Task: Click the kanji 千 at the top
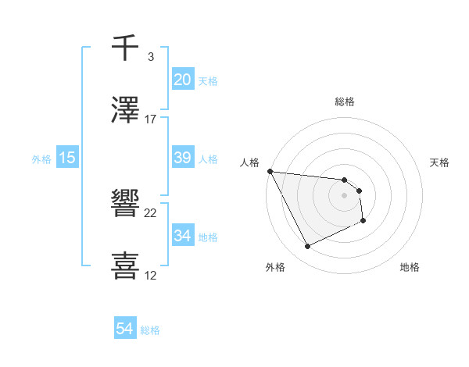pyautogui.click(x=126, y=47)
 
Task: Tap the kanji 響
pyautogui.click(x=126, y=205)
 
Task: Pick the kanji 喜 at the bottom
pyautogui.click(x=126, y=266)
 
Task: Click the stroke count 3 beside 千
pyautogui.click(x=151, y=56)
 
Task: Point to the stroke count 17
pyautogui.click(x=151, y=119)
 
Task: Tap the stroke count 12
pyautogui.click(x=151, y=276)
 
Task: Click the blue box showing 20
pyautogui.click(x=183, y=80)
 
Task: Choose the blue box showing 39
pyautogui.click(x=183, y=158)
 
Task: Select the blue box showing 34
pyautogui.click(x=183, y=236)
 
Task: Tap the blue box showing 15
pyautogui.click(x=67, y=158)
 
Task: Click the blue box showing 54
pyautogui.click(x=125, y=330)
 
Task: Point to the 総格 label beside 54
pyautogui.click(x=150, y=330)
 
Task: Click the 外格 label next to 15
pyautogui.click(x=41, y=159)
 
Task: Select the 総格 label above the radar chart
pyautogui.click(x=345, y=102)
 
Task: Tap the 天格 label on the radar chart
pyautogui.click(x=440, y=162)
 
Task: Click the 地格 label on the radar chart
pyautogui.click(x=410, y=267)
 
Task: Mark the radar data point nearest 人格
pyautogui.click(x=270, y=171)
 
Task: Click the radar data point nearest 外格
pyautogui.click(x=307, y=247)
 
